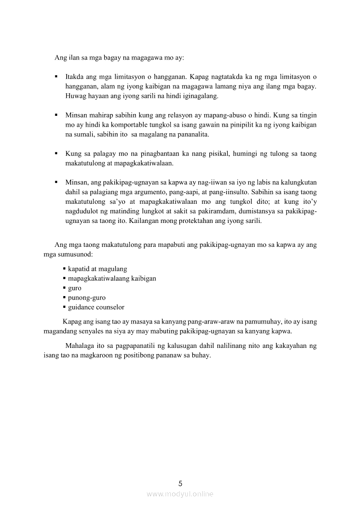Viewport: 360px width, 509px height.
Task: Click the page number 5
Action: [180, 483]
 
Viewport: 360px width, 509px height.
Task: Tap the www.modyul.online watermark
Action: [180, 494]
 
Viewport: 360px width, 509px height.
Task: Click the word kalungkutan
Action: [298, 182]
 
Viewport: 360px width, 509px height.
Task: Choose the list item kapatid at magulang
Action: [98, 269]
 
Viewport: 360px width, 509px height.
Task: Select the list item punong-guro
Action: [87, 297]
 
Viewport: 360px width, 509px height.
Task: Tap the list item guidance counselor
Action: [96, 307]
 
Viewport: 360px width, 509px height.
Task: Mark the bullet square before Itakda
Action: [57, 77]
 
